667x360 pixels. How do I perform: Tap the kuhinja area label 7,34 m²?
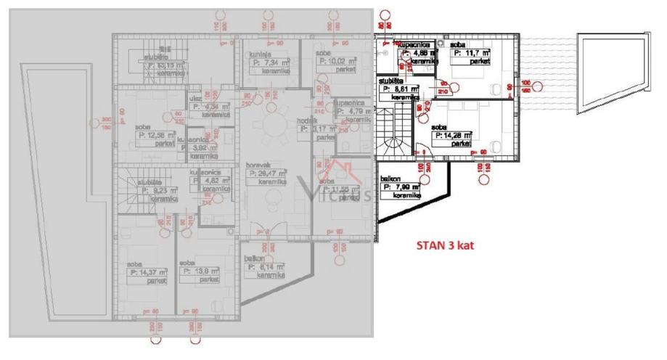tap(266, 62)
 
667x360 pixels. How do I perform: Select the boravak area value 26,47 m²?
tap(266, 174)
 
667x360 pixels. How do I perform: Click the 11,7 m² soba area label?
tap(470, 53)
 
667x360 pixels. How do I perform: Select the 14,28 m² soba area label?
tap(454, 134)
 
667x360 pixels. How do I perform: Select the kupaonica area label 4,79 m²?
tap(355, 112)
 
